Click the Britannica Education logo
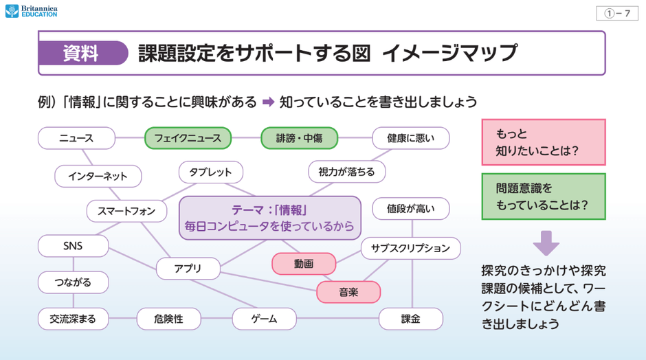pos(32,11)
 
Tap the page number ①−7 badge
pos(617,14)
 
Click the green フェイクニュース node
pos(188,138)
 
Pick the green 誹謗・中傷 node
pos(299,138)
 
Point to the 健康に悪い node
pos(410,138)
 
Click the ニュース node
pos(76,138)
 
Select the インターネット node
pos(98,176)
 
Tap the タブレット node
pos(210,172)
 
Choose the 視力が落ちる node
pos(346,172)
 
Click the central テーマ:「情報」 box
pos(269,217)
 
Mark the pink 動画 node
pos(304,263)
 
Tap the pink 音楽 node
pos(348,292)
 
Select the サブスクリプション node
pos(410,248)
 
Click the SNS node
pos(73,245)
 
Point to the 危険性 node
pos(168,319)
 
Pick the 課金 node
pos(410,319)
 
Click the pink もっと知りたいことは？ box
pos(543,142)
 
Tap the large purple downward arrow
pos(546,243)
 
